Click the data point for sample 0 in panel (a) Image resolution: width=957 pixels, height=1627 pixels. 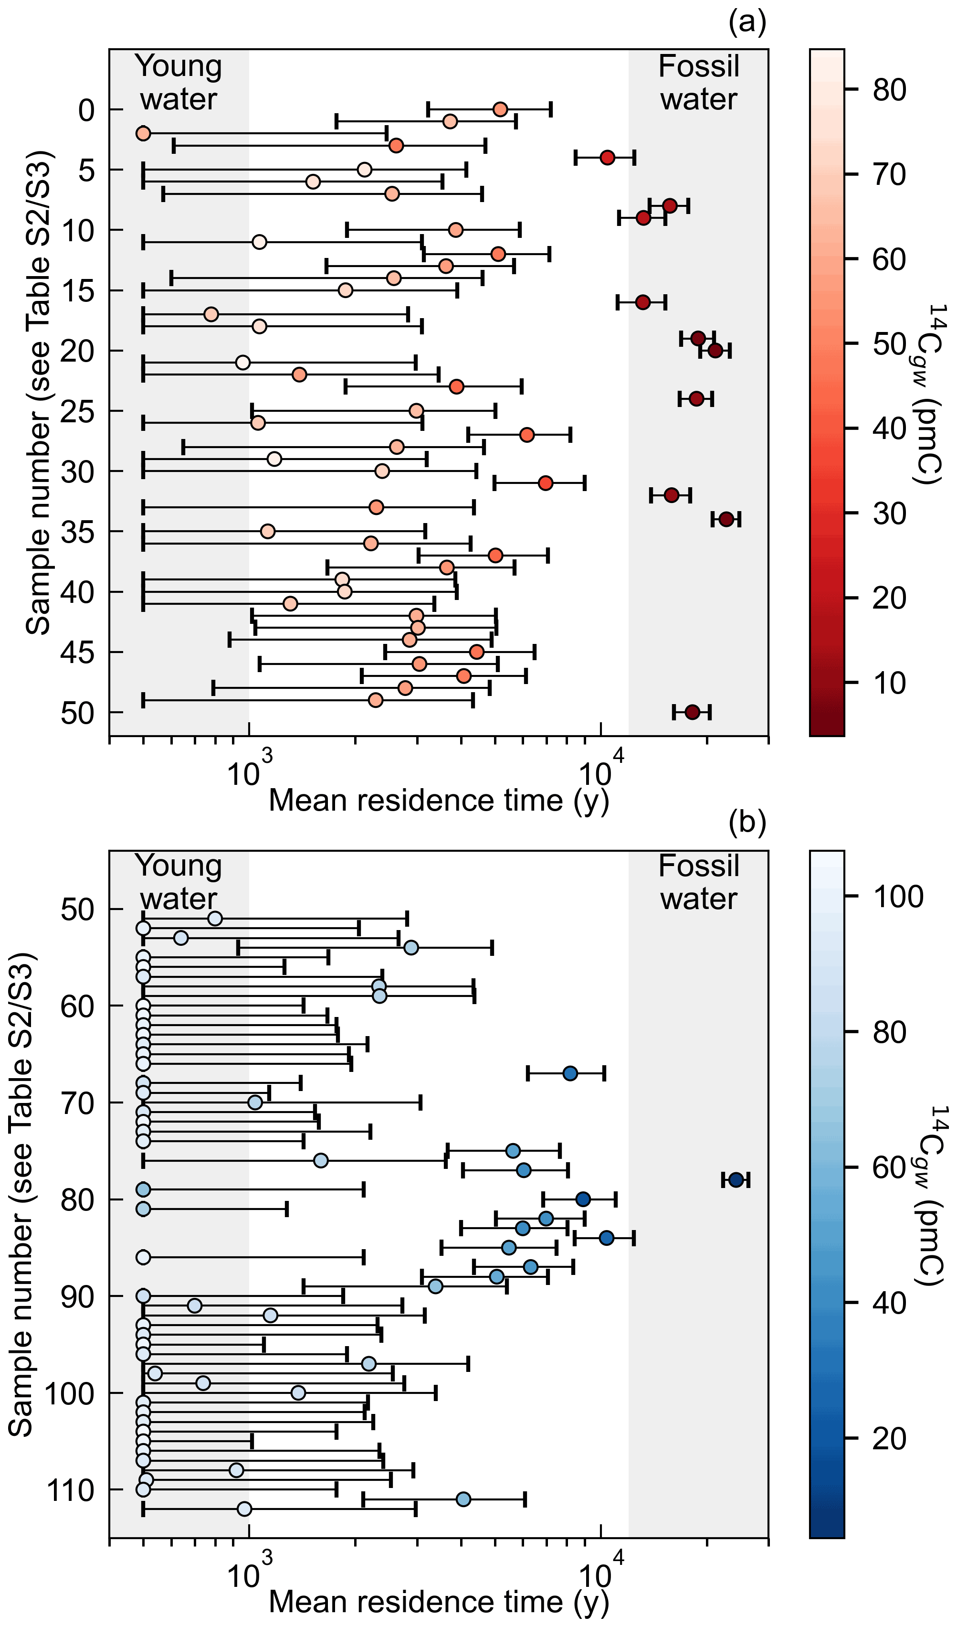tap(500, 109)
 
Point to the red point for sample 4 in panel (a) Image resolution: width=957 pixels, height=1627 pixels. tap(607, 158)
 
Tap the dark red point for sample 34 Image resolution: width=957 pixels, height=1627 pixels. tap(726, 519)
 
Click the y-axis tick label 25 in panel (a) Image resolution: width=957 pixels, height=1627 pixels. tap(77, 411)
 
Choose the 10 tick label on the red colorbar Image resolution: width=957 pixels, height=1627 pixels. tap(890, 683)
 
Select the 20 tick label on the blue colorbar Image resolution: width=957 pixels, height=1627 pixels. tap(890, 1439)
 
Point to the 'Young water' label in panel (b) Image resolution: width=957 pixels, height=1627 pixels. tap(179, 882)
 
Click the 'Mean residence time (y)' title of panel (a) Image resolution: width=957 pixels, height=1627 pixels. tap(439, 801)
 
